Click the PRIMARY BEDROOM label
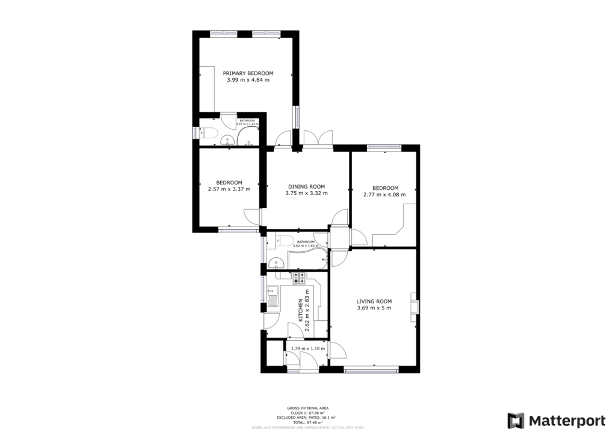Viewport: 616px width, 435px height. coord(248,73)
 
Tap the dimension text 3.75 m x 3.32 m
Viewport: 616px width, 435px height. coord(306,193)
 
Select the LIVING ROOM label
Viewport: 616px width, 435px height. coord(374,302)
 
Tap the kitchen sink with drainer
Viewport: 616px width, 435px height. coord(273,297)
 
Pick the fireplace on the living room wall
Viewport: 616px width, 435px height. coord(414,304)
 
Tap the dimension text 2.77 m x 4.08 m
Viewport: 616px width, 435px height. coord(384,195)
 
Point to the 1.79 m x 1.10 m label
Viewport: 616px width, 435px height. coord(307,348)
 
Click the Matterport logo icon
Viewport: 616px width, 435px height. coord(516,419)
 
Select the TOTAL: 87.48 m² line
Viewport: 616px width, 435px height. coord(307,422)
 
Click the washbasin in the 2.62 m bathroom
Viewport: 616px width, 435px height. coord(276,262)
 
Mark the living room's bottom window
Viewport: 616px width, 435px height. coord(371,370)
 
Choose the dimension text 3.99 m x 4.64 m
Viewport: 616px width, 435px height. coord(248,80)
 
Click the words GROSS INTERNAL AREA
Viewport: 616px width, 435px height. coord(307,408)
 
